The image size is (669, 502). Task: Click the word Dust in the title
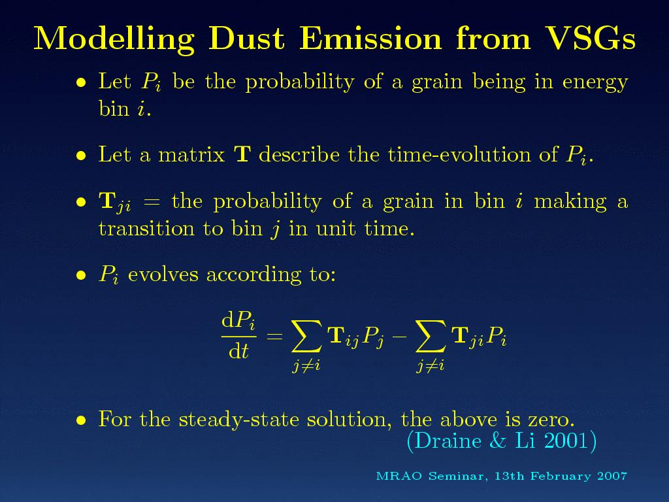[246, 39]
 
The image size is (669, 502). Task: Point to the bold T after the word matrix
[242, 154]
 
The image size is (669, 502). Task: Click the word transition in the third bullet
[146, 228]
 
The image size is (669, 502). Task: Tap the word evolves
[163, 274]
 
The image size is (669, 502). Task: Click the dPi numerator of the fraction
[238, 321]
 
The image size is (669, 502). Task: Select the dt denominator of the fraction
[238, 351]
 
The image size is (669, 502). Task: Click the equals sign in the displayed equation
[274, 336]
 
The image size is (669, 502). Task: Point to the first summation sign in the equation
[307, 337]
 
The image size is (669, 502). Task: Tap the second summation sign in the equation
[431, 337]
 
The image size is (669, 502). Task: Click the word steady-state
[238, 420]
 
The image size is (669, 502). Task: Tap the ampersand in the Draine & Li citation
[497, 441]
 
